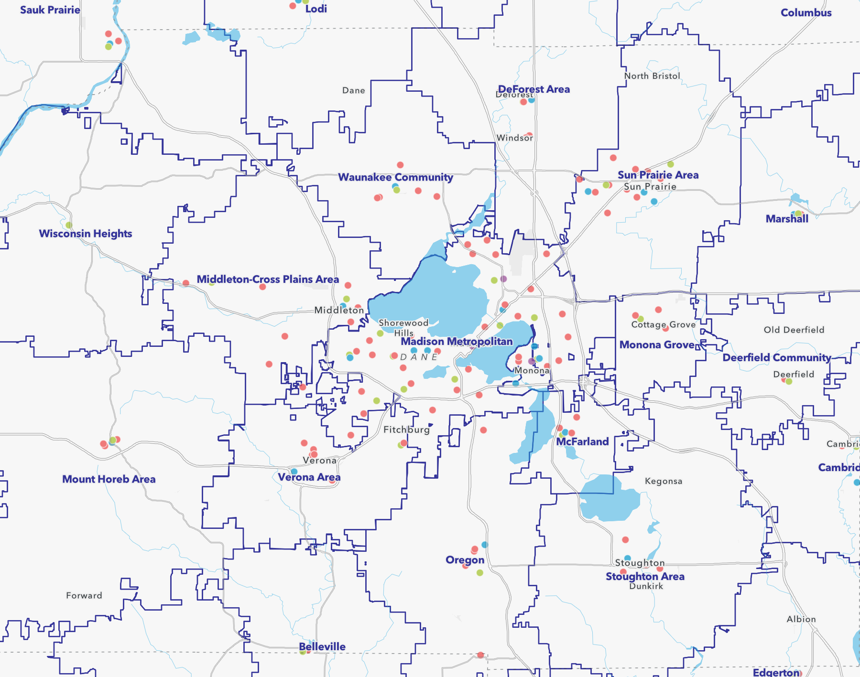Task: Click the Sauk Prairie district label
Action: click(x=50, y=10)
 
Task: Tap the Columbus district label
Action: click(x=806, y=13)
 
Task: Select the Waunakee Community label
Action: click(x=395, y=177)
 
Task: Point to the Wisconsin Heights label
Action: click(x=85, y=234)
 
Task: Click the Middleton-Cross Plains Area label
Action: click(x=268, y=279)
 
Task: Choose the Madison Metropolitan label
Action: click(x=457, y=342)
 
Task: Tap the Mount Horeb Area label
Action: click(x=109, y=479)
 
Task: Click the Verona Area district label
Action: click(x=309, y=477)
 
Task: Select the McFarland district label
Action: click(x=582, y=442)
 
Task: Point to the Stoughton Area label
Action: click(x=645, y=577)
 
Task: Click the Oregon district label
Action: click(x=465, y=560)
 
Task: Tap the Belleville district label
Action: click(x=322, y=647)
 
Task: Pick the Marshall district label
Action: click(x=787, y=219)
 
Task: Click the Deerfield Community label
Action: click(x=776, y=358)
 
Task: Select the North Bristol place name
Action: click(x=652, y=76)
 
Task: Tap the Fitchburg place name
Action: click(x=406, y=430)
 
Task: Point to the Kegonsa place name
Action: click(x=663, y=481)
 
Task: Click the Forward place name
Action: click(x=84, y=595)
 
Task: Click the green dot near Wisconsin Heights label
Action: click(x=69, y=225)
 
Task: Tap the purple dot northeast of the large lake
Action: click(x=503, y=279)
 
